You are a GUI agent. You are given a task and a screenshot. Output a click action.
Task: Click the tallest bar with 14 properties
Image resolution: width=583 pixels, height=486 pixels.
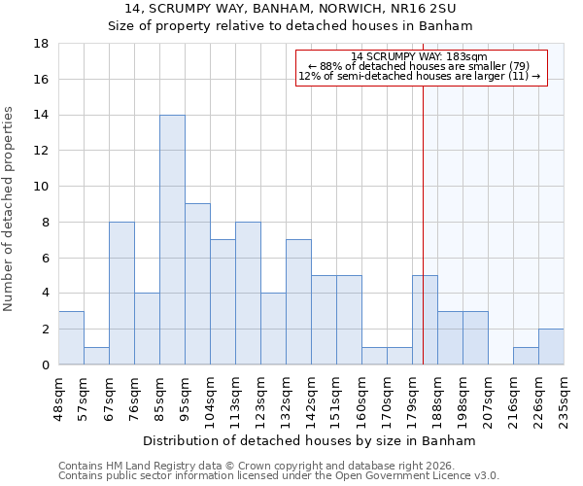click(172, 240)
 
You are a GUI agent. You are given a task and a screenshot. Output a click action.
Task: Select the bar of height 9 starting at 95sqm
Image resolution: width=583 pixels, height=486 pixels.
click(197, 284)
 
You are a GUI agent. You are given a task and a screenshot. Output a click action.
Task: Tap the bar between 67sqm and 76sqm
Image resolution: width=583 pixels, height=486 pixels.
click(121, 293)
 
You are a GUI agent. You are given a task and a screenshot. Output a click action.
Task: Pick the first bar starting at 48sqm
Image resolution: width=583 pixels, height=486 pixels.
click(71, 337)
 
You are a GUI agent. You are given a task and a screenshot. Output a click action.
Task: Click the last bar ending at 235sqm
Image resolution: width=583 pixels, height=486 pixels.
click(551, 347)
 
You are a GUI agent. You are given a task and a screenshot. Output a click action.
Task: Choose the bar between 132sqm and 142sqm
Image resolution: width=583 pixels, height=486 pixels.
click(298, 301)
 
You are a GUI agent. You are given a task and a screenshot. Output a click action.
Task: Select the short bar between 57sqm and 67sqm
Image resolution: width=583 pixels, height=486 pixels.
click(96, 356)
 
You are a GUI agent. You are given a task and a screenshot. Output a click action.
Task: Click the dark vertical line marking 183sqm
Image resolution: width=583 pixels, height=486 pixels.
click(424, 224)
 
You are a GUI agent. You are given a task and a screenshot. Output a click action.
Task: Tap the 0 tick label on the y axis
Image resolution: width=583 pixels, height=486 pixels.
click(46, 365)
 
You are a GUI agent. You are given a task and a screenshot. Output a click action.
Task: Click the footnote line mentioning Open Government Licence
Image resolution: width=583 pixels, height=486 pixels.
click(279, 476)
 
